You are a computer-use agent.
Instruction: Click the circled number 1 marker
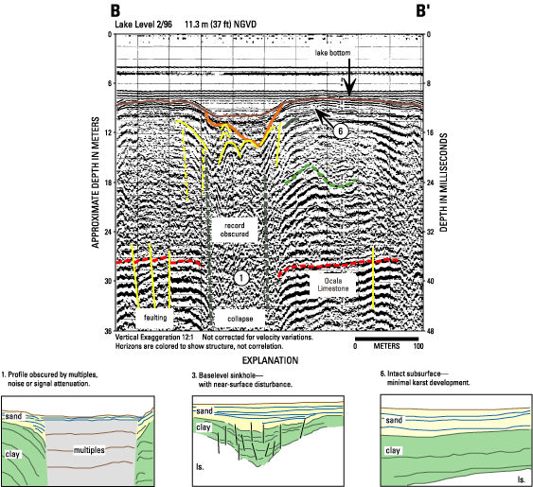coord(241,278)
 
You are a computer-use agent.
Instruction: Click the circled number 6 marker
coord(341,130)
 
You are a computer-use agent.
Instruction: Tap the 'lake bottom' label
coord(332,53)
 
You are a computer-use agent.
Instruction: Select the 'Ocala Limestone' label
coord(333,285)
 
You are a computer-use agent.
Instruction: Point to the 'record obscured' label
coord(234,230)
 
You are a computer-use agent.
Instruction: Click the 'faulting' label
coord(155,317)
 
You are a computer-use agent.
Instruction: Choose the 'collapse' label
coord(240,319)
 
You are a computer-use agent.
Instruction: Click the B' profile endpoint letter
coord(423,10)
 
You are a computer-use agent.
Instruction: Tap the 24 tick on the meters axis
coord(109,232)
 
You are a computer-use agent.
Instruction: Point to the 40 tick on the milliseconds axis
coord(430,281)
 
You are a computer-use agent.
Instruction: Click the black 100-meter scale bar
coord(387,339)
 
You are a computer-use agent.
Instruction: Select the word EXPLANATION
coord(270,360)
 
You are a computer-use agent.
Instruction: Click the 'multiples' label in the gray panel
coord(89,450)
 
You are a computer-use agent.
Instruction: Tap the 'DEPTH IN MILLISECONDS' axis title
coord(444,183)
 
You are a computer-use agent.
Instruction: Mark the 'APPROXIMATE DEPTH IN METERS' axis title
coord(96,183)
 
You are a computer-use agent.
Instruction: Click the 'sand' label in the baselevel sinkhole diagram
coord(204,411)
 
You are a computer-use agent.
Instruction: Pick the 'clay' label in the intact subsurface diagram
coord(393,451)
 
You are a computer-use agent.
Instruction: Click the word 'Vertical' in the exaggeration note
coord(128,338)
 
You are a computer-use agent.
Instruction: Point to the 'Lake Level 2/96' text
coord(144,25)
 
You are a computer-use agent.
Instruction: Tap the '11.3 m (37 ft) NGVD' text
coord(221,25)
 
